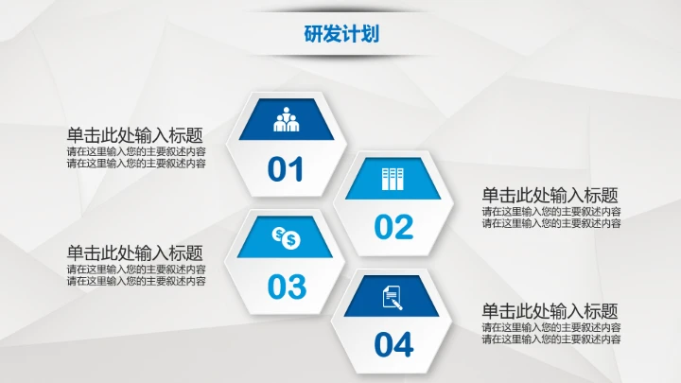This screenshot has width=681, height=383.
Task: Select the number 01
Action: pos(286,170)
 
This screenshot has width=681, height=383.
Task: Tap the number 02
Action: pos(393,227)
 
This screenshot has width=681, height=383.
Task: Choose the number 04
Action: pos(393,344)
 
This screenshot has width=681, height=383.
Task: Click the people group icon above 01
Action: pos(286,121)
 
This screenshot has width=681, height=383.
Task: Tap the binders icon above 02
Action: pos(393,179)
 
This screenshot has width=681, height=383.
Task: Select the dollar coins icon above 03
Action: pos(286,237)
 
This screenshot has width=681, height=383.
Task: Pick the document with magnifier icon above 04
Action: pos(393,297)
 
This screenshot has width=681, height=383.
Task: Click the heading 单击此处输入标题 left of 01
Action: pos(134,135)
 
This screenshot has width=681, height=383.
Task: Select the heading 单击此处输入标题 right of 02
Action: pos(550,195)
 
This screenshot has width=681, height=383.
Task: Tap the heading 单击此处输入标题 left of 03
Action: pos(134,252)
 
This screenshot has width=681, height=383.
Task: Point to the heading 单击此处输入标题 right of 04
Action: pos(550,311)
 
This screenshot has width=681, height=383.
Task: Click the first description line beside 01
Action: pos(136,151)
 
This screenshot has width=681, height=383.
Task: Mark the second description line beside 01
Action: pos(136,164)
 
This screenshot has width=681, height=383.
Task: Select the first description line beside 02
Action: pos(551,211)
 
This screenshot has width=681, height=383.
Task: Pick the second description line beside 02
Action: pos(551,223)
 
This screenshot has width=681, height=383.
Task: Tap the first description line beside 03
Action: pos(136,269)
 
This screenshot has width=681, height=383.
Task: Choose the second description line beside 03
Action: pos(136,281)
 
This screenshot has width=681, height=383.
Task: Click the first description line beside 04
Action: pos(551,327)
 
